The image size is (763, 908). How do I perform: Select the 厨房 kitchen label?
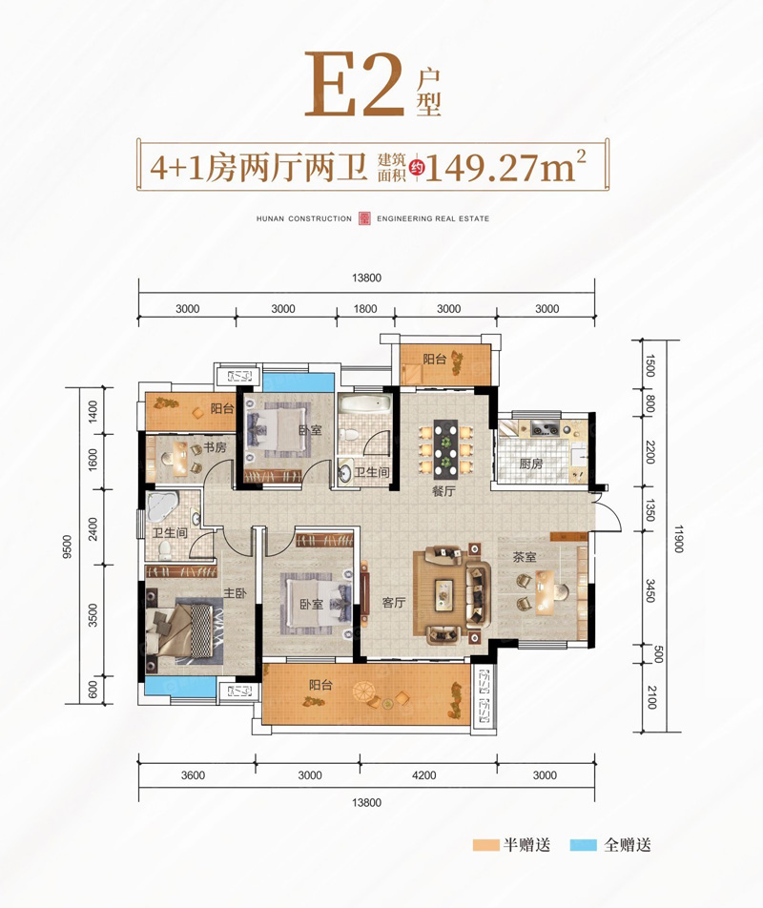531,464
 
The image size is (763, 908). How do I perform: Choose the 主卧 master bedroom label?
236,592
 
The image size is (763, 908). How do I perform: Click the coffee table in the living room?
445,593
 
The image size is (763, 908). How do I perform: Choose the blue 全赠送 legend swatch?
582,845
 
